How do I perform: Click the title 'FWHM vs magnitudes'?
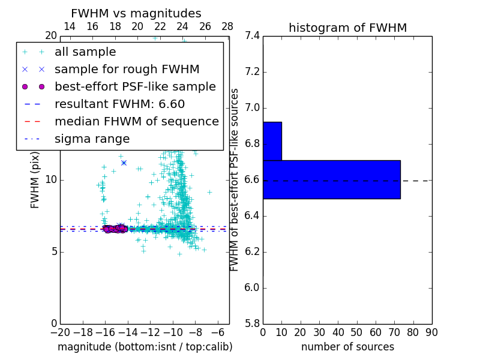[136, 13]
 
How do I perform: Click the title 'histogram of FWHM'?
[347, 28]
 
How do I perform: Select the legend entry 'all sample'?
[85, 52]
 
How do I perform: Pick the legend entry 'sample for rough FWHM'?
[127, 70]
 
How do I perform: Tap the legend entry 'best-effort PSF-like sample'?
[135, 87]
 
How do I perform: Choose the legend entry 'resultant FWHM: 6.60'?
[119, 104]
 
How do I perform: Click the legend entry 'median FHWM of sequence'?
[136, 122]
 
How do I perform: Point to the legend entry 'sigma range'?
[92, 139]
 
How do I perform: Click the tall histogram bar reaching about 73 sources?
[331, 179]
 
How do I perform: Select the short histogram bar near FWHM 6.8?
[272, 141]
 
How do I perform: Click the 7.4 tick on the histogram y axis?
[253, 36]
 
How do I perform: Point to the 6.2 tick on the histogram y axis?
[253, 252]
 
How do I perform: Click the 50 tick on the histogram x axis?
[356, 332]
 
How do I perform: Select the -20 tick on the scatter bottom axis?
[60, 332]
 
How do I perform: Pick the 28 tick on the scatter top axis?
[227, 26]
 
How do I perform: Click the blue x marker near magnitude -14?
[124, 163]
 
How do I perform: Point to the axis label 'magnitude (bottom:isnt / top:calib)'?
[145, 347]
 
